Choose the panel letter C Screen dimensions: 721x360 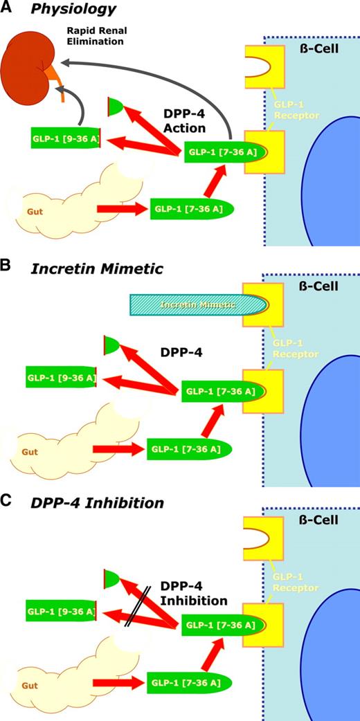[6, 503]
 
